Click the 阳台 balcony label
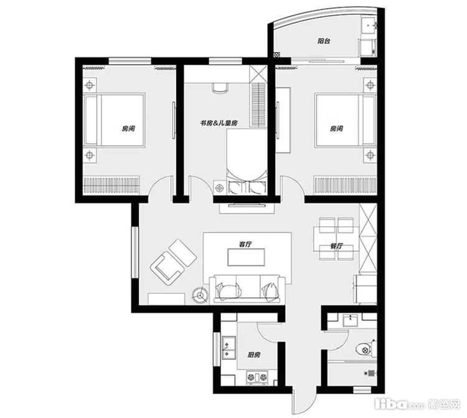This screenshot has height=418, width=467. click(x=324, y=41)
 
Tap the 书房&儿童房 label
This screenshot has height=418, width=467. click(x=219, y=123)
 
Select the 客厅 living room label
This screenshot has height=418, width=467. click(x=245, y=244)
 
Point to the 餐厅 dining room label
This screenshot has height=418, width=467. click(x=336, y=246)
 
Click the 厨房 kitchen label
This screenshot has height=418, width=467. click(x=254, y=355)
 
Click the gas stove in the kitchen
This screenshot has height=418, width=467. click(x=258, y=377)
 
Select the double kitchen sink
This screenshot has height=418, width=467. click(x=229, y=348)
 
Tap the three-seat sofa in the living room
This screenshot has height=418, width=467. click(x=247, y=290)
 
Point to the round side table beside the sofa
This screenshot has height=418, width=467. click(x=200, y=295)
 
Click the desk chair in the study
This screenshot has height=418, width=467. click(x=220, y=87)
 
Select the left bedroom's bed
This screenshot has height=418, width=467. click(x=115, y=120)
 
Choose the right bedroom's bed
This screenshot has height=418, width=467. click(x=345, y=120)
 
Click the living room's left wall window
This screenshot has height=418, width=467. click(x=135, y=253)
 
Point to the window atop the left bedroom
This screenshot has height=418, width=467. click(x=130, y=61)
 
